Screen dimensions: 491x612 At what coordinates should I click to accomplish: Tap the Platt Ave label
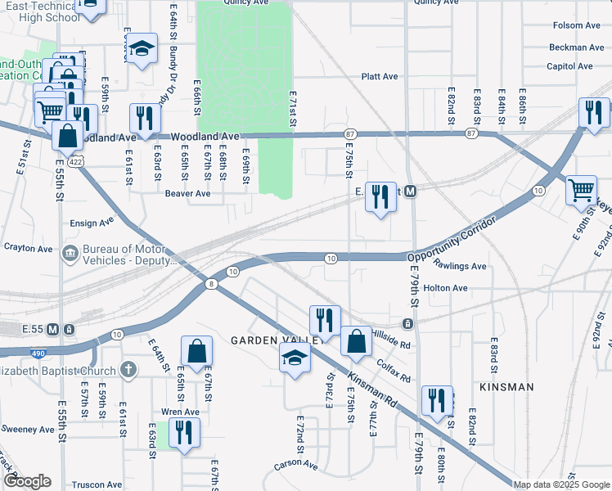[380, 77]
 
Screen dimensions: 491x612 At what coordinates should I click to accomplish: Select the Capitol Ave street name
[569, 66]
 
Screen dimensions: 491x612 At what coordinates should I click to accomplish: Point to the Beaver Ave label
[187, 194]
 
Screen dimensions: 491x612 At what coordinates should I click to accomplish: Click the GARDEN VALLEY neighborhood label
[261, 340]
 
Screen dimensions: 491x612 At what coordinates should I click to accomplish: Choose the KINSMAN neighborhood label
[506, 387]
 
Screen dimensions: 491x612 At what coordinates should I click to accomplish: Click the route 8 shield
[211, 283]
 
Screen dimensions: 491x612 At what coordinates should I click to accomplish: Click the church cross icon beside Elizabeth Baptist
[127, 370]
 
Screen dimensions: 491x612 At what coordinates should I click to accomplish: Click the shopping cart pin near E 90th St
[581, 191]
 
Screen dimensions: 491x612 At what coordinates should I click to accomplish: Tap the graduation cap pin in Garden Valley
[295, 358]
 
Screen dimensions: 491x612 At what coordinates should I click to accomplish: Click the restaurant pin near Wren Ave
[183, 432]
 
